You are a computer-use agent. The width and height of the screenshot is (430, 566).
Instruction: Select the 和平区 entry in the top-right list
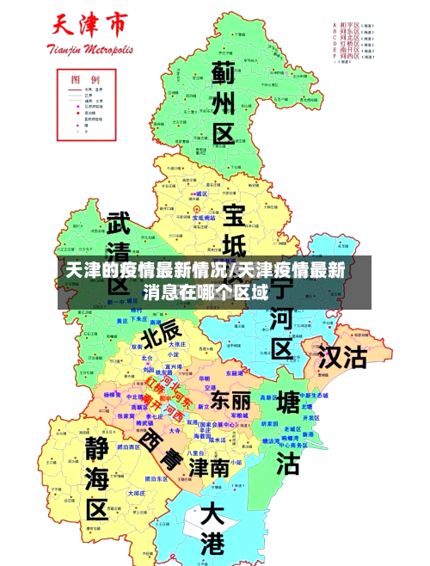(x=356, y=26)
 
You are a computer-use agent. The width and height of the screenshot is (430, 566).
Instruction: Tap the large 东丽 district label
(x=231, y=401)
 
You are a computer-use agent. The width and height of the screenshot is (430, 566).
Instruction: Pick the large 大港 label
(x=212, y=528)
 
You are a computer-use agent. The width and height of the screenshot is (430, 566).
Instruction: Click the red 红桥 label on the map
(x=157, y=385)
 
